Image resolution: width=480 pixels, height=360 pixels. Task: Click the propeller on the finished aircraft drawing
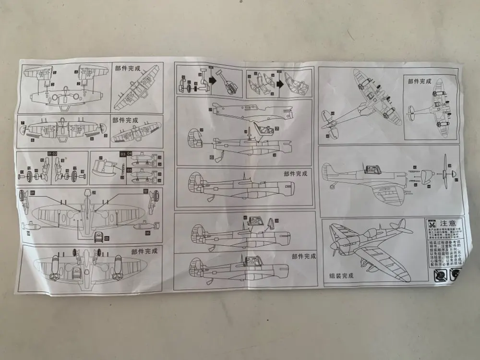pyautogui.click(x=333, y=248)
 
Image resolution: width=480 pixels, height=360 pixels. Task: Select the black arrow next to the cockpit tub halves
pyautogui.click(x=280, y=82)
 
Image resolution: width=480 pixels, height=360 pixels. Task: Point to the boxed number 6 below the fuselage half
pyautogui.click(x=211, y=157)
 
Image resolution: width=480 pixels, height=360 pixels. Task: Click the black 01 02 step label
pyautogui.click(x=53, y=154)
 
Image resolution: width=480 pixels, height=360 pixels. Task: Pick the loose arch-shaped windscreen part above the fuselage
pyautogui.click(x=271, y=223)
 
